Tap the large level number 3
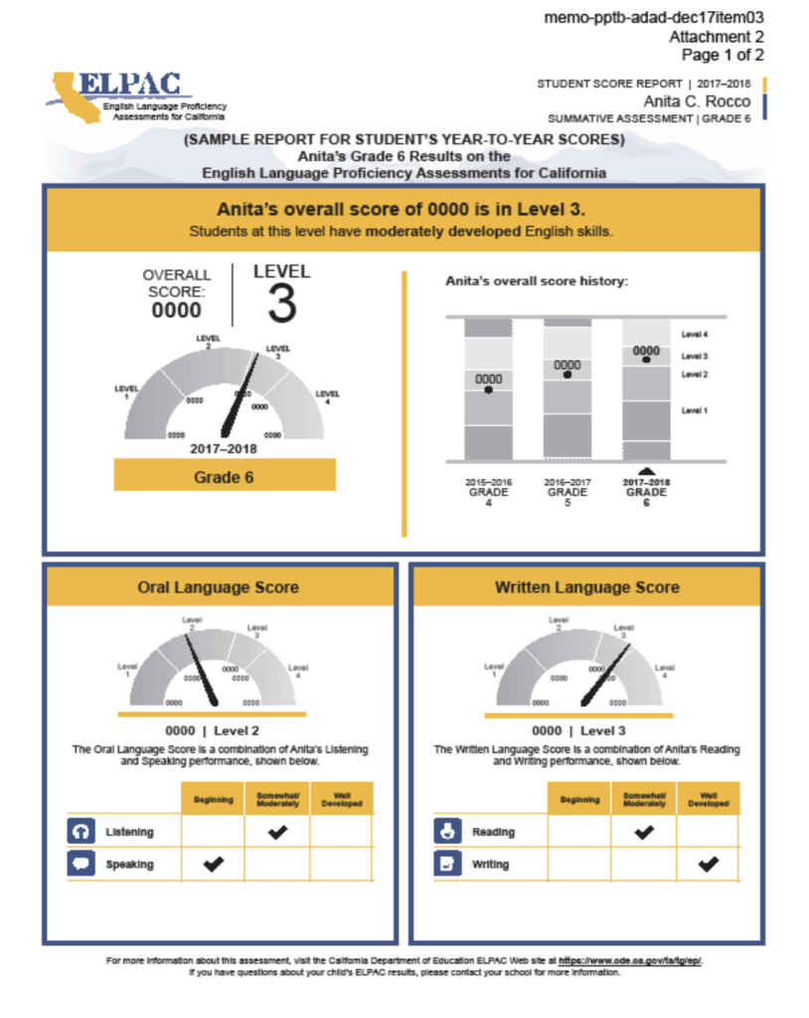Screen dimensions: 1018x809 click(282, 304)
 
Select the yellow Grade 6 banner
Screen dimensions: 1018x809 click(224, 476)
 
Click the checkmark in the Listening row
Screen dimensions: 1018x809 click(276, 832)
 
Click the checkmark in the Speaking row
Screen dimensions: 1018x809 click(213, 865)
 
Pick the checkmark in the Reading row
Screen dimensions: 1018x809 click(644, 832)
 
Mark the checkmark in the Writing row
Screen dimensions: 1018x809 click(708, 865)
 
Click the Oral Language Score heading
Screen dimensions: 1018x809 click(218, 588)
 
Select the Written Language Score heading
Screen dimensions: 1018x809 click(586, 588)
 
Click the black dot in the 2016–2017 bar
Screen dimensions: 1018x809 click(566, 376)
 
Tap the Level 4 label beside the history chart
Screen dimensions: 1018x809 click(695, 335)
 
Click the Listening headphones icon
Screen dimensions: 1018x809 click(80, 832)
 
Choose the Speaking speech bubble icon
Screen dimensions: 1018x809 click(80, 865)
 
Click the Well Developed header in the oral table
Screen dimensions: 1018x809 click(341, 799)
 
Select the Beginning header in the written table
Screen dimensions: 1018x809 click(579, 799)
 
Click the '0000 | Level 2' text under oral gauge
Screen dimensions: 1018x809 click(212, 731)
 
